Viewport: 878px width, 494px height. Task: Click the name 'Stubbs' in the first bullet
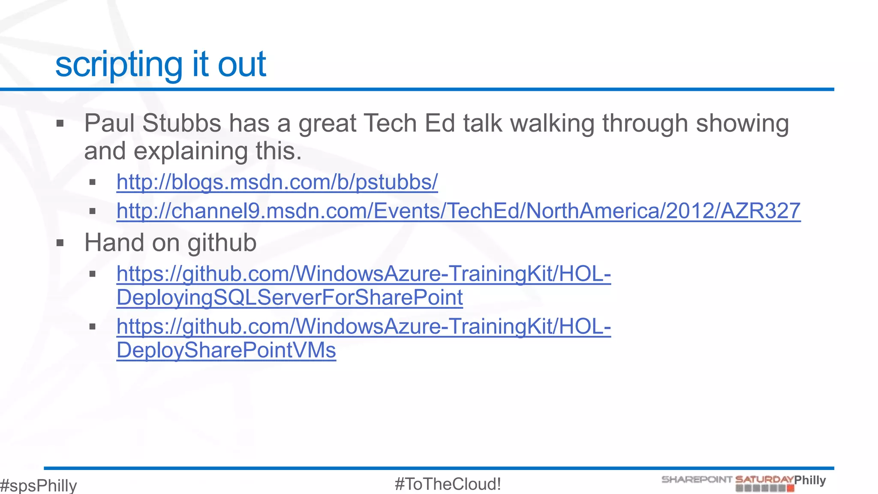click(x=182, y=123)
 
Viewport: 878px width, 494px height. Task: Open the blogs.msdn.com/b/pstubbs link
click(x=277, y=182)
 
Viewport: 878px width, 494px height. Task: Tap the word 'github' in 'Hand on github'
click(x=222, y=243)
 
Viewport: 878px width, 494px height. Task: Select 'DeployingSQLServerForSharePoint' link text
click(x=289, y=298)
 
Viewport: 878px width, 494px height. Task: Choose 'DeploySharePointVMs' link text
click(x=226, y=350)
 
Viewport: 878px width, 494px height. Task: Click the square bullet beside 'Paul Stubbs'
click(x=60, y=124)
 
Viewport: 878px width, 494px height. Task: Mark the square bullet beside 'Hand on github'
click(x=60, y=243)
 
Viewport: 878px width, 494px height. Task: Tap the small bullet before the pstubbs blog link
click(x=92, y=183)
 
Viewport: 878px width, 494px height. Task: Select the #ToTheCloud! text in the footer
click(x=448, y=484)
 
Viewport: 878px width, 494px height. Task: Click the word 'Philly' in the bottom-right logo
click(x=810, y=480)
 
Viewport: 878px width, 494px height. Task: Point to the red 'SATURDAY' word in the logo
click(x=764, y=479)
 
